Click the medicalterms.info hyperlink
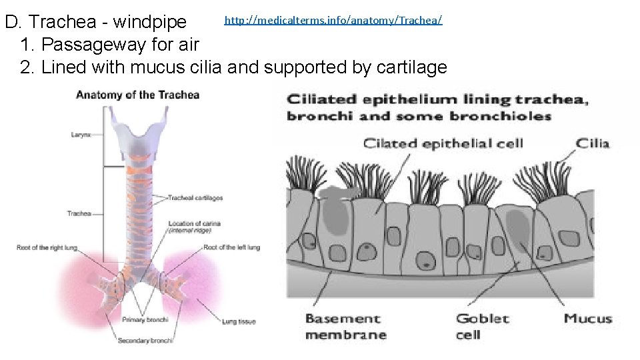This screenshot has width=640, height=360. (333, 20)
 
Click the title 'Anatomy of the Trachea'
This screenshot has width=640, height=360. (137, 95)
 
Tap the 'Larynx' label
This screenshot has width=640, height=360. (81, 135)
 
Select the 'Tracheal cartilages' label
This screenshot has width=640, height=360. (195, 198)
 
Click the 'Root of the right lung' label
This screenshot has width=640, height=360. (47, 248)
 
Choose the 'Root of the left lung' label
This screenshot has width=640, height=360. (231, 247)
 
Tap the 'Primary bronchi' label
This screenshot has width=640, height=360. (145, 320)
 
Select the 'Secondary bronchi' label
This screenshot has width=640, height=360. (145, 341)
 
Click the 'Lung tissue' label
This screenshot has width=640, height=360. (239, 321)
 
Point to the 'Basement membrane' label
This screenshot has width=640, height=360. (345, 327)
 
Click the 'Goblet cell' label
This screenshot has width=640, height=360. (482, 327)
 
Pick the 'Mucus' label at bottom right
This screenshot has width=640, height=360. (588, 319)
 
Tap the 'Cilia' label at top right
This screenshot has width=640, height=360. (593, 143)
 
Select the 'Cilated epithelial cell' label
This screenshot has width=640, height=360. (443, 143)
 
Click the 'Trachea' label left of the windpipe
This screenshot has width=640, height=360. (79, 213)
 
